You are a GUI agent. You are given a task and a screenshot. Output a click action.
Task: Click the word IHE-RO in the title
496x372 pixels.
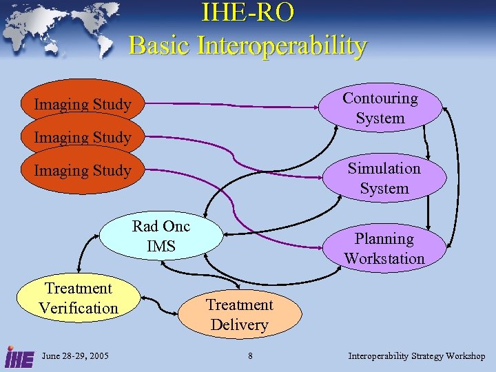247,13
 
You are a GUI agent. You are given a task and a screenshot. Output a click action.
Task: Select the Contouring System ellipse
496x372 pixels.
381,107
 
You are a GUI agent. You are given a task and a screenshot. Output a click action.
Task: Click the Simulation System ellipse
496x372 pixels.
384,178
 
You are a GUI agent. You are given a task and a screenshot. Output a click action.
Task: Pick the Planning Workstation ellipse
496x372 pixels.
384,248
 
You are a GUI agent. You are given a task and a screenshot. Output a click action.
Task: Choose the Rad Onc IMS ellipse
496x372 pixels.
161,236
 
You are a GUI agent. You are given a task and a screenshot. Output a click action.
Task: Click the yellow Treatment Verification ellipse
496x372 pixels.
79,298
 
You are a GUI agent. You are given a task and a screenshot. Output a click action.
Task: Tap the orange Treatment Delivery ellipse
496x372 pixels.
240,314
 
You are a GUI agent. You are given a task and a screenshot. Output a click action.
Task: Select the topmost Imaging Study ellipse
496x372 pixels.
83,104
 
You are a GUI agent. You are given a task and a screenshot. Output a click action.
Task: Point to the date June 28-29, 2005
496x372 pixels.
75,356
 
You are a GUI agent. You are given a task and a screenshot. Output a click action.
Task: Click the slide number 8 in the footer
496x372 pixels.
251,356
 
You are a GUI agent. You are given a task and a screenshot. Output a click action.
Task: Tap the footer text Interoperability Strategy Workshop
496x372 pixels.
417,356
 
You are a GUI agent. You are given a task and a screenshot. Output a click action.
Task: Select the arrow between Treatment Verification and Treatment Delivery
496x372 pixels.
159,303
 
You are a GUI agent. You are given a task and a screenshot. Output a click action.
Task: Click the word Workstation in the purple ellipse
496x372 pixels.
384,258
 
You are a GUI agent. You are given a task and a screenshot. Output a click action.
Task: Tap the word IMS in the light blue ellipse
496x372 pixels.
161,246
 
